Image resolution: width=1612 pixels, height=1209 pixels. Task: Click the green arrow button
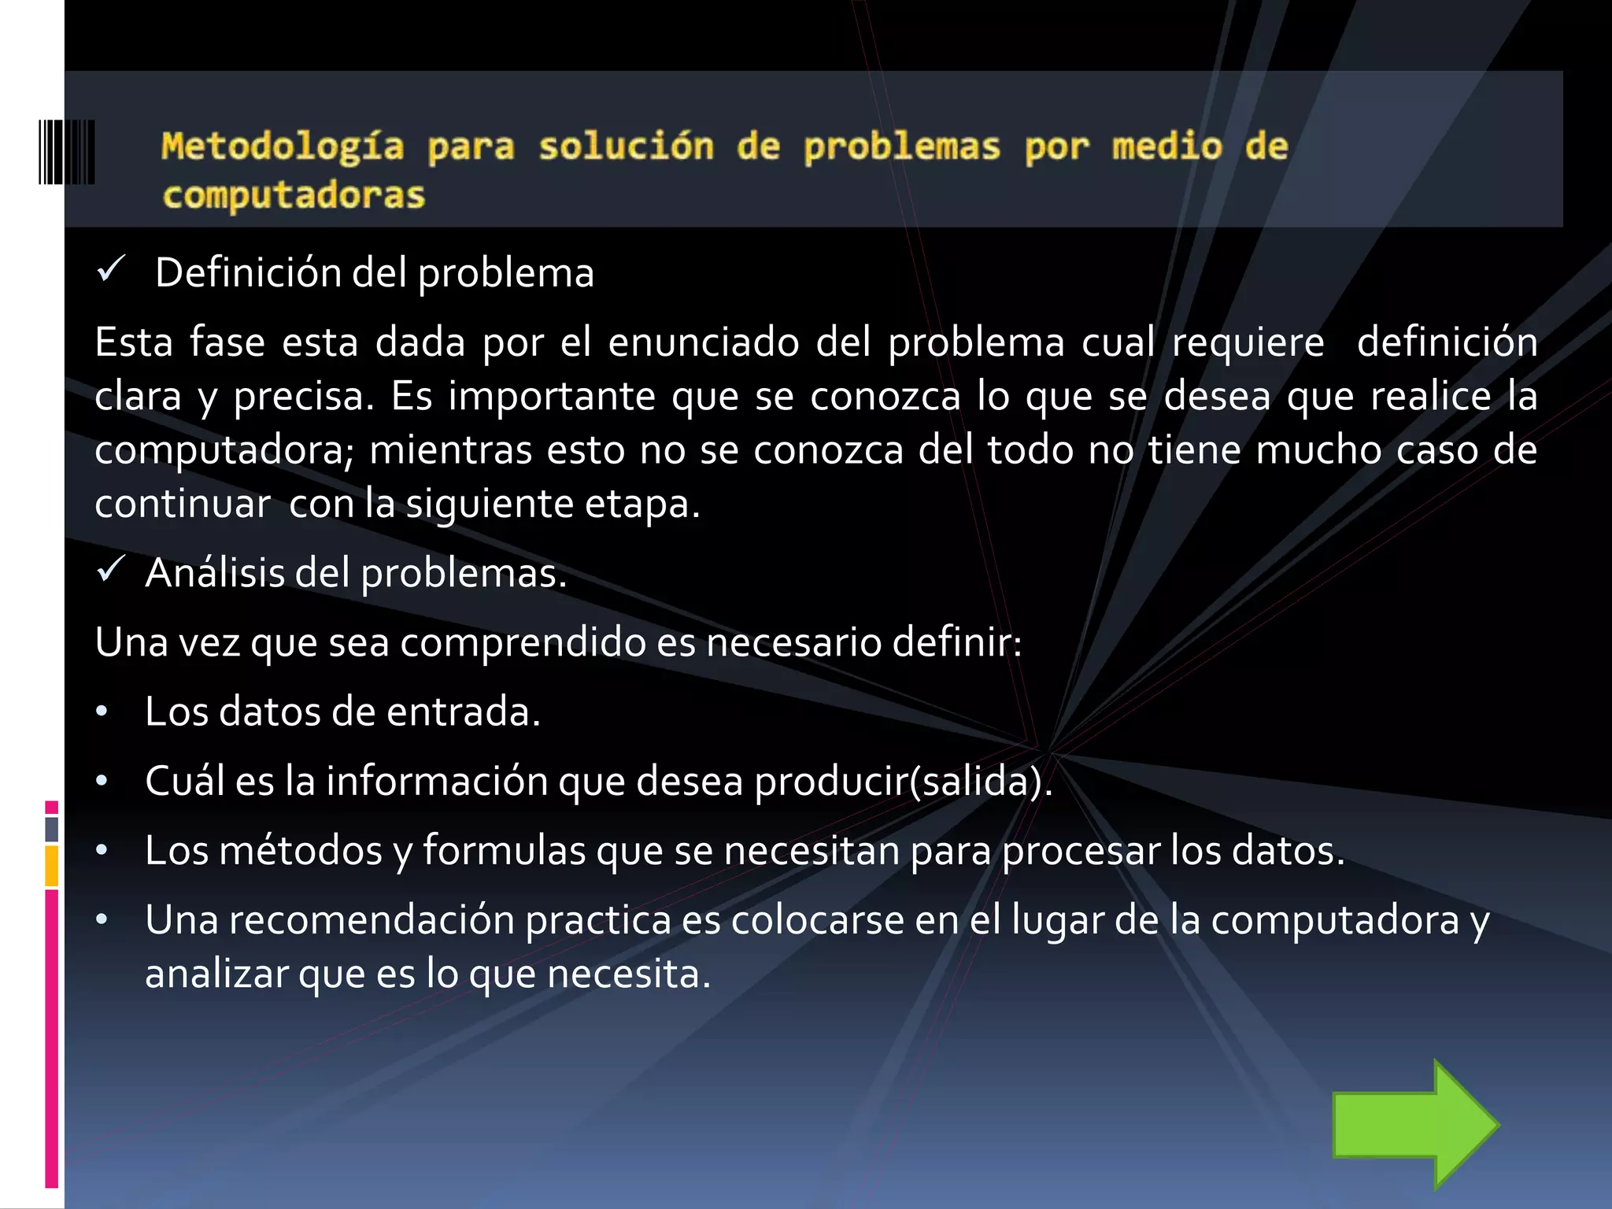(x=1414, y=1124)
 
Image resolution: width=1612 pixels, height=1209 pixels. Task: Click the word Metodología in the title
(x=283, y=147)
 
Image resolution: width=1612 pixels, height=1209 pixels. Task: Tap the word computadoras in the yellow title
(x=294, y=196)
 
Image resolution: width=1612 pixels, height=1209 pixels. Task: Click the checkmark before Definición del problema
(x=111, y=271)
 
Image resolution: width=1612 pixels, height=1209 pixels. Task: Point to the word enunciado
(x=704, y=342)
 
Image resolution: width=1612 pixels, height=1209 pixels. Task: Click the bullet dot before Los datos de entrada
(x=102, y=712)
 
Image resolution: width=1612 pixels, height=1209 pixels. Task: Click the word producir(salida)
(x=903, y=781)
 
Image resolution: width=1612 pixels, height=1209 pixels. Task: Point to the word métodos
(x=301, y=850)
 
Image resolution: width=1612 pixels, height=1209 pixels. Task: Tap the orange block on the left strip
(x=52, y=866)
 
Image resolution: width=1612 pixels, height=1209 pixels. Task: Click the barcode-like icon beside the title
(x=67, y=152)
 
